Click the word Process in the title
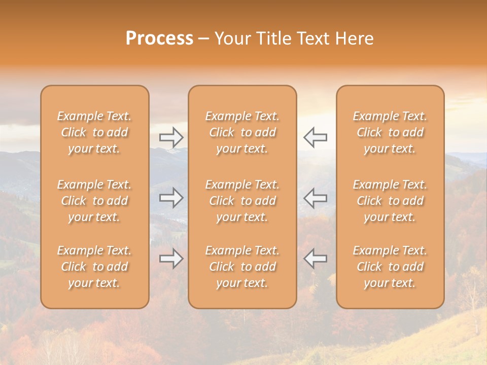pos(159,39)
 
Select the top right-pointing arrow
pos(171,137)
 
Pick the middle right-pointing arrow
pos(171,198)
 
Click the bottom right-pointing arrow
pos(171,259)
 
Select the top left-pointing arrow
pos(315,137)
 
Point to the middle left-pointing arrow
pos(315,198)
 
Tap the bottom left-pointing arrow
pos(315,259)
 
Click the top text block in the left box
pos(94,132)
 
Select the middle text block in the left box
pos(94,201)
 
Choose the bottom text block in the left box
pos(94,267)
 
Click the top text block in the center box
pos(242,132)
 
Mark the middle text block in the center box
pos(242,201)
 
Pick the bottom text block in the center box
pos(242,267)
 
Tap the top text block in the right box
pos(390,132)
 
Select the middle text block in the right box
pos(390,201)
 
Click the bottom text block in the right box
pos(390,267)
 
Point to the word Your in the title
pos(231,39)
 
